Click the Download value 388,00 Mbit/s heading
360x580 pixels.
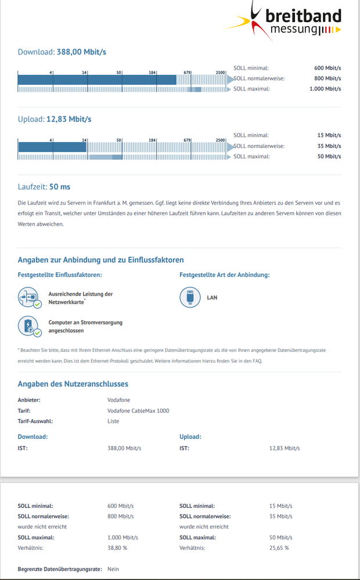pos(62,52)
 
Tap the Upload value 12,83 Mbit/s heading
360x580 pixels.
pos(55,119)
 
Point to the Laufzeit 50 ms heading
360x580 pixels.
pos(44,186)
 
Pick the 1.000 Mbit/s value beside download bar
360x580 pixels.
pos(325,89)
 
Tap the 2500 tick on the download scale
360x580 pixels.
pos(221,73)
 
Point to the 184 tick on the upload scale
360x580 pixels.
pos(152,140)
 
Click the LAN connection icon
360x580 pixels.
pos(190,298)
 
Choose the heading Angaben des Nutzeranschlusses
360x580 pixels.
pos(73,384)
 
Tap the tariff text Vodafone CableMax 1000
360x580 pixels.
pos(138,410)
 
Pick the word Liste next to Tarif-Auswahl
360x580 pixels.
pos(113,421)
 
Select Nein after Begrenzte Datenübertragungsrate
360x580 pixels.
pos(113,569)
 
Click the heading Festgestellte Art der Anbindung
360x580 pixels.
pos(225,275)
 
